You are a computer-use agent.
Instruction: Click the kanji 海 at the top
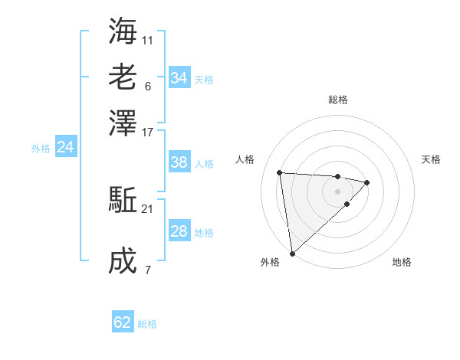click(123, 31)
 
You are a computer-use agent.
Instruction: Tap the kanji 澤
click(123, 123)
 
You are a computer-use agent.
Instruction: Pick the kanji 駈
click(123, 201)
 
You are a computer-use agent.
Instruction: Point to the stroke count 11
click(147, 40)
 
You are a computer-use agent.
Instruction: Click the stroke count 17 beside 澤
click(147, 132)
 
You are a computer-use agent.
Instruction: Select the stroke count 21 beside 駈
click(147, 209)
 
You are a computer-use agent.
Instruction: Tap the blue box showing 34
click(179, 78)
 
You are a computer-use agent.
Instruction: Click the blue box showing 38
click(179, 162)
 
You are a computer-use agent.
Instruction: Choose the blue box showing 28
click(179, 231)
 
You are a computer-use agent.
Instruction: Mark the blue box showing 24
click(65, 148)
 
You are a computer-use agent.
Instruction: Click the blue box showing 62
click(123, 322)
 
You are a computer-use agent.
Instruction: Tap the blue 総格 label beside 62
click(147, 324)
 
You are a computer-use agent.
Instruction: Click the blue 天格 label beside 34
click(204, 80)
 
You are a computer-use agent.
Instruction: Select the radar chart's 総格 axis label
click(337, 100)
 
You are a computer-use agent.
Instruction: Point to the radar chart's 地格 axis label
click(402, 263)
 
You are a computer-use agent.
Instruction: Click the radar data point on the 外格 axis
click(292, 253)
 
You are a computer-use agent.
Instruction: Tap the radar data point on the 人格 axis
click(280, 172)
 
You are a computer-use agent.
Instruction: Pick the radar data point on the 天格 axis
click(367, 182)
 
